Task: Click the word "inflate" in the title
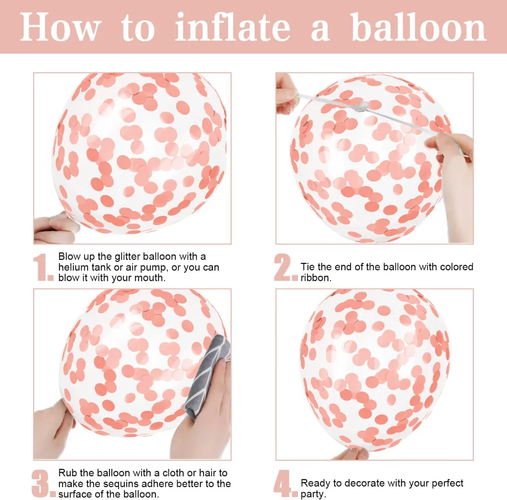233,27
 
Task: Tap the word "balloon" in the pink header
419,27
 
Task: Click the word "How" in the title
60,27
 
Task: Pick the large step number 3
44,484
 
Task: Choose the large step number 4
285,484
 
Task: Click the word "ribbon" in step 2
315,278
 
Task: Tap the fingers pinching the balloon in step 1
55,226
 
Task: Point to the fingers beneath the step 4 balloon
351,453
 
